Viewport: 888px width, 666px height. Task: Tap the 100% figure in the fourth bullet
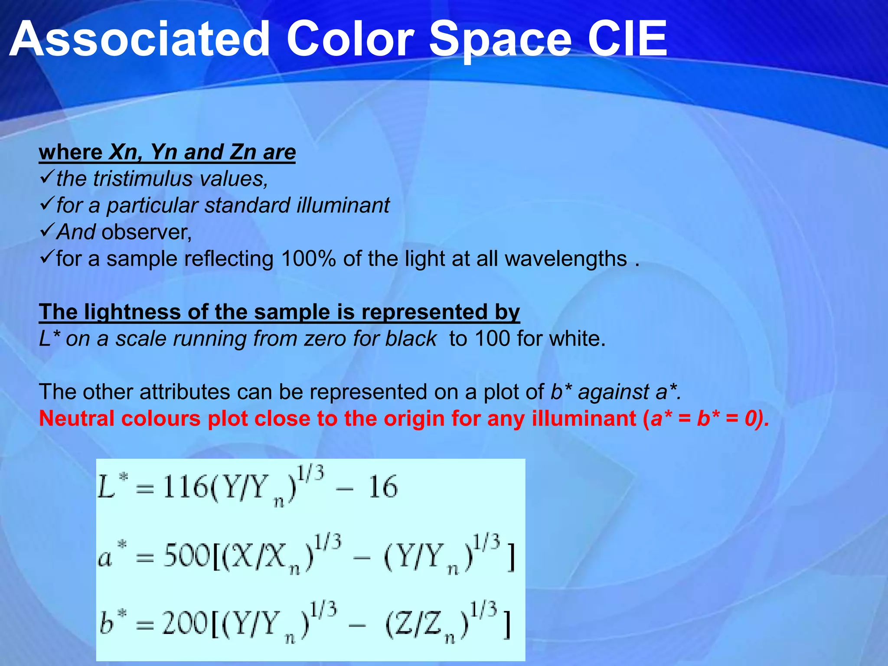308,259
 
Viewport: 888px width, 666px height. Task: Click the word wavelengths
566,259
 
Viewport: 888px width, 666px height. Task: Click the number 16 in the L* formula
382,486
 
